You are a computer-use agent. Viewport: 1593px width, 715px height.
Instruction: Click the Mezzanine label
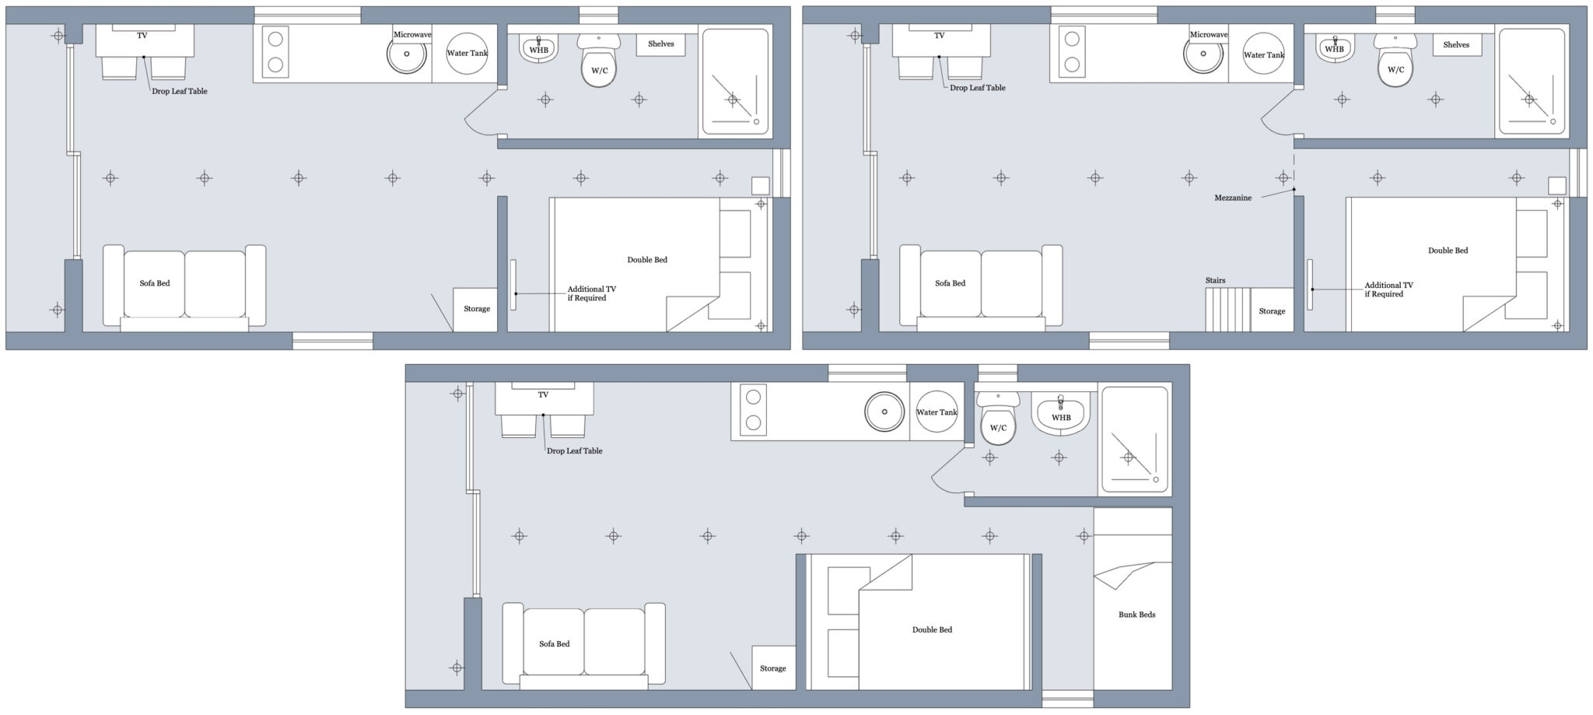tap(1232, 198)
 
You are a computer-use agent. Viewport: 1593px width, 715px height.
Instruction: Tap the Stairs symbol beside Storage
tap(1227, 310)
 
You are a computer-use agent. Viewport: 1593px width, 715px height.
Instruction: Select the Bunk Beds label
tap(1136, 615)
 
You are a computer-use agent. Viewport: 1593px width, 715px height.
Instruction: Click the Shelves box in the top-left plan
tap(660, 44)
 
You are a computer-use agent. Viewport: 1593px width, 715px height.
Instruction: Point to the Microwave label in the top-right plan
tap(1208, 35)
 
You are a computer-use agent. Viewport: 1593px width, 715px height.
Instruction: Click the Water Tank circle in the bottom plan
tap(937, 412)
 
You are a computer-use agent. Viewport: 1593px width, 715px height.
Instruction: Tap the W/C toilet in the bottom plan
tap(998, 424)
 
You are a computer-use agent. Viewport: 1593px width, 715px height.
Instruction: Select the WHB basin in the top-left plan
tap(538, 48)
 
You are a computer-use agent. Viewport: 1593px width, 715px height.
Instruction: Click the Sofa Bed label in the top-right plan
tap(950, 283)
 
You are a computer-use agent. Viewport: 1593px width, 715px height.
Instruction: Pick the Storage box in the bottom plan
tap(773, 668)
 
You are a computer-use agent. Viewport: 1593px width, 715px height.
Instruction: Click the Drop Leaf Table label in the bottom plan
tap(574, 451)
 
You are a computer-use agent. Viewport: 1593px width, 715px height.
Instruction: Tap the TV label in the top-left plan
tap(142, 36)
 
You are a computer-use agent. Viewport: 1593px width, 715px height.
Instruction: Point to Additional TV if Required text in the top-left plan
tap(591, 293)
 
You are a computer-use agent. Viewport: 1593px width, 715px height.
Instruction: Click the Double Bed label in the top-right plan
tap(1448, 251)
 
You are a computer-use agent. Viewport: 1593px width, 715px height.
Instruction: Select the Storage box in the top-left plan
tap(475, 310)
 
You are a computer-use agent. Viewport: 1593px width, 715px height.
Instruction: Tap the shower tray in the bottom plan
tap(1134, 441)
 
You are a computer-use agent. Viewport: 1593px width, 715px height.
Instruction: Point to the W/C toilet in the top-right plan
tap(1395, 65)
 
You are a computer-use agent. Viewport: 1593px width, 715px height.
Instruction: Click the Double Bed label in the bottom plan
tap(932, 629)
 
